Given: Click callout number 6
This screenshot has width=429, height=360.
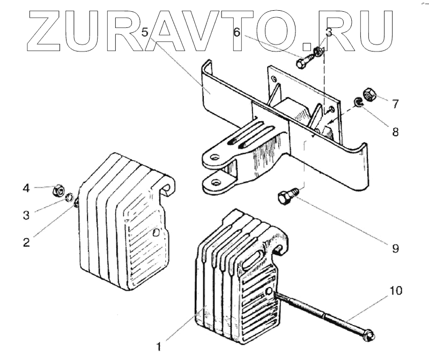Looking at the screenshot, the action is [236, 32].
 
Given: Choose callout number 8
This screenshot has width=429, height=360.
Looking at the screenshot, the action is [395, 131].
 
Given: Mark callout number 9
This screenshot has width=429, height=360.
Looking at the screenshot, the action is [395, 248].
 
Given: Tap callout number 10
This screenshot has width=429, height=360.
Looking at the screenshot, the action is [395, 291].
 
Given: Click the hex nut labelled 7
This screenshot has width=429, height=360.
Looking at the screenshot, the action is [369, 95].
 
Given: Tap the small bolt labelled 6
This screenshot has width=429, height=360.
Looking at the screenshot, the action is [302, 62].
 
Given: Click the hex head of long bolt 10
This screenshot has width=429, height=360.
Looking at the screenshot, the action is [370, 336].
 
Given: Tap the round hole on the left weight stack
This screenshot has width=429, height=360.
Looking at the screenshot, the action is [156, 233].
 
